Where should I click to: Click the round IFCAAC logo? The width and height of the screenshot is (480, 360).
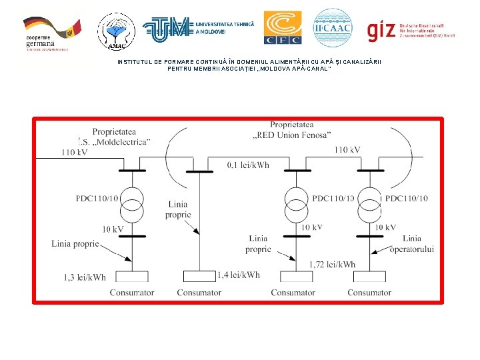(332, 27)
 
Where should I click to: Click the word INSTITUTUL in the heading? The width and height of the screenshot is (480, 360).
(134, 62)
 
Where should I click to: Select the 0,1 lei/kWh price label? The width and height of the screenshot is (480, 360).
(248, 165)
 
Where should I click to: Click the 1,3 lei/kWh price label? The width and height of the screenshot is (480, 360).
(85, 277)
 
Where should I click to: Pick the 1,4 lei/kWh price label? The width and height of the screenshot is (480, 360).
(239, 275)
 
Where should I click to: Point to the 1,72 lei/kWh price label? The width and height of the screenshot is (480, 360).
(333, 265)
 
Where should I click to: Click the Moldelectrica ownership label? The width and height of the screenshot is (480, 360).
(114, 137)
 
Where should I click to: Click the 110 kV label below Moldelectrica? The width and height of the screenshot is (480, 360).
(74, 153)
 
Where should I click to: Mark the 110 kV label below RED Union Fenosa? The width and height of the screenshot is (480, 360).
(348, 149)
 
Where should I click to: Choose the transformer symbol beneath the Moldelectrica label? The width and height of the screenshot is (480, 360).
(132, 203)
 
